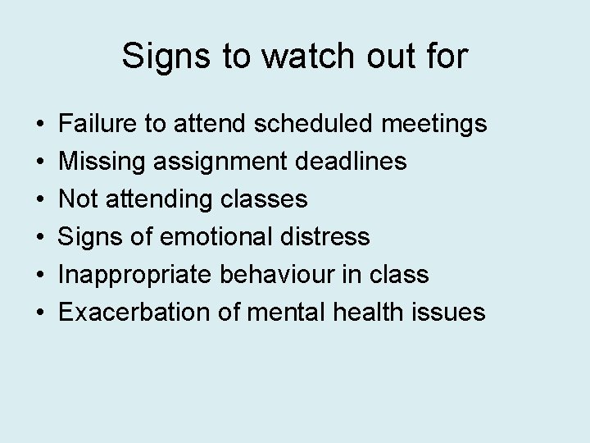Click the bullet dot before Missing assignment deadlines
(40, 162)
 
